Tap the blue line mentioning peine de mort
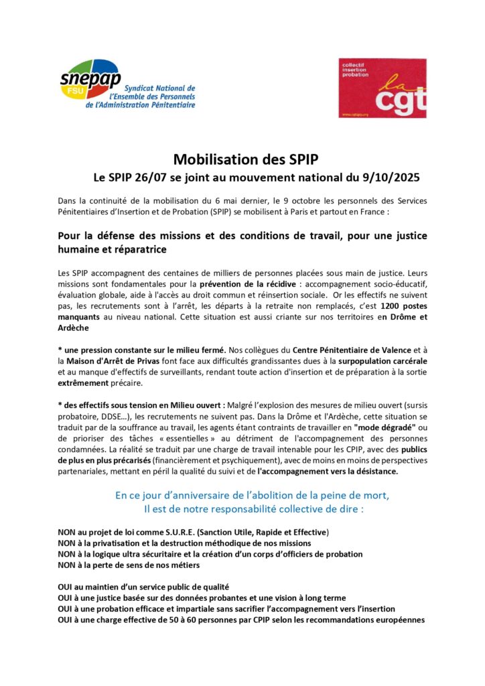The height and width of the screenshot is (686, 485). pos(242,495)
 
